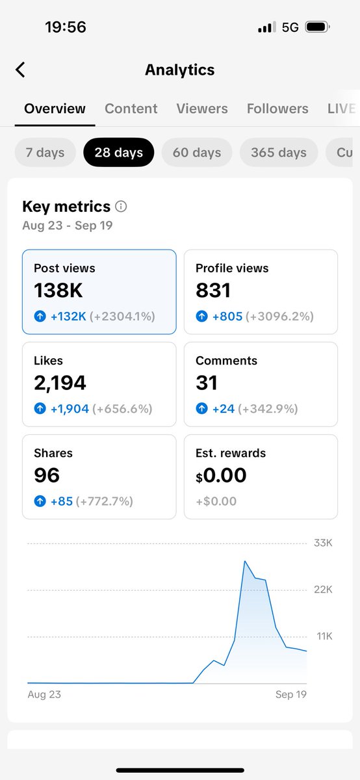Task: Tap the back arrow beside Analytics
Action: click(x=20, y=70)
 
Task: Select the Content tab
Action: click(x=131, y=109)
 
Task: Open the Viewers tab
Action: click(x=202, y=109)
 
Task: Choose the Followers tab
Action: click(x=277, y=109)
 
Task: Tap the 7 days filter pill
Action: click(x=45, y=153)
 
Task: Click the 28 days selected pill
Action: click(x=118, y=153)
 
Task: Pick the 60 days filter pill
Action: click(x=197, y=153)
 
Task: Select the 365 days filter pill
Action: click(x=279, y=153)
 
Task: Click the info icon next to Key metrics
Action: click(x=121, y=207)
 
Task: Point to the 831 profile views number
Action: click(x=213, y=290)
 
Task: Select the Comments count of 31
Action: click(x=207, y=383)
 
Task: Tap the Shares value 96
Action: click(x=47, y=475)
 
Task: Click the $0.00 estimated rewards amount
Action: click(x=221, y=475)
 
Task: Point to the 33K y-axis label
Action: click(x=323, y=543)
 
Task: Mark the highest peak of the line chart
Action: click(x=244, y=560)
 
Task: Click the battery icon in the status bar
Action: click(x=316, y=27)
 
